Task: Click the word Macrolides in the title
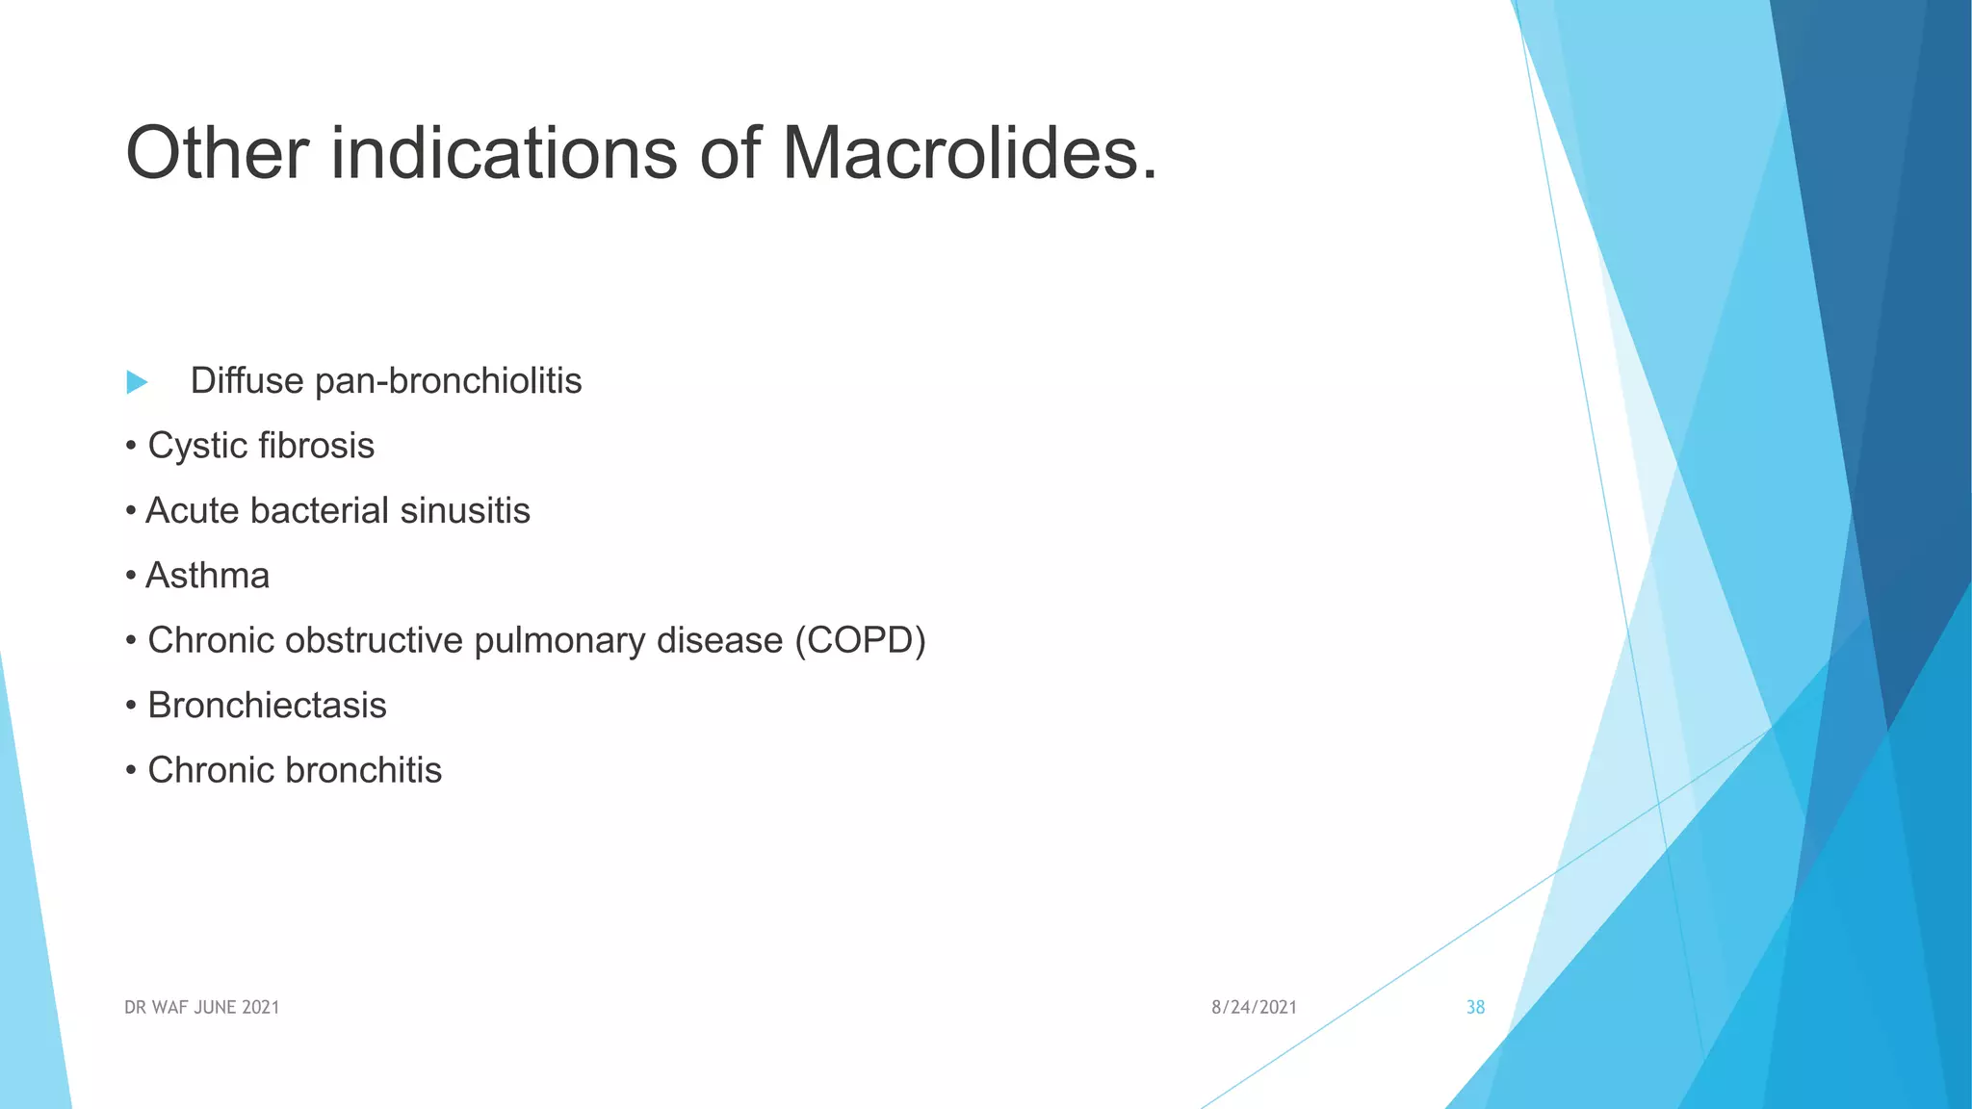pyautogui.click(x=969, y=154)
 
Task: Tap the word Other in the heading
pyautogui.click(x=218, y=154)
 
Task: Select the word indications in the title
pyautogui.click(x=504, y=154)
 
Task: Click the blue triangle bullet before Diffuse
pyautogui.click(x=137, y=382)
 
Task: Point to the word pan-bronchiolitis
pyautogui.click(x=448, y=381)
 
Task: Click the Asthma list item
pyautogui.click(x=207, y=576)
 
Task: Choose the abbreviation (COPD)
pyautogui.click(x=860, y=640)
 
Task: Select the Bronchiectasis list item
pyautogui.click(x=267, y=706)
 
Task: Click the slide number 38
pyautogui.click(x=1475, y=1007)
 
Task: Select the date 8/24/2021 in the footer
pyautogui.click(x=1254, y=1007)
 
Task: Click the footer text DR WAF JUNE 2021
pyautogui.click(x=201, y=1007)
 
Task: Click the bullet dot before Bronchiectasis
pyautogui.click(x=130, y=707)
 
